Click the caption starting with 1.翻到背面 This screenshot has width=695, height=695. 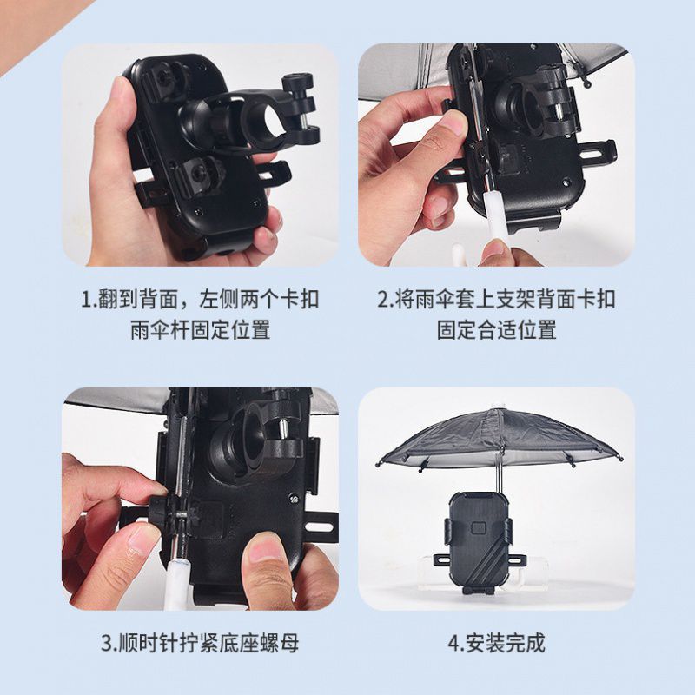pyautogui.click(x=200, y=314)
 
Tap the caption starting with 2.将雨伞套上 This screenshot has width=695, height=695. pyautogui.click(x=496, y=314)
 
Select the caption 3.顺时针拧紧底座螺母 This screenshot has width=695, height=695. pyautogui.click(x=200, y=643)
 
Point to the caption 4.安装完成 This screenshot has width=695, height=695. pyautogui.click(x=496, y=643)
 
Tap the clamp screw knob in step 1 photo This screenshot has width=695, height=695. pyautogui.click(x=298, y=83)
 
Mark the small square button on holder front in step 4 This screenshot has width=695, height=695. pyautogui.click(x=478, y=528)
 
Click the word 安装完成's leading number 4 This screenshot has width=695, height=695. pyautogui.click(x=453, y=644)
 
